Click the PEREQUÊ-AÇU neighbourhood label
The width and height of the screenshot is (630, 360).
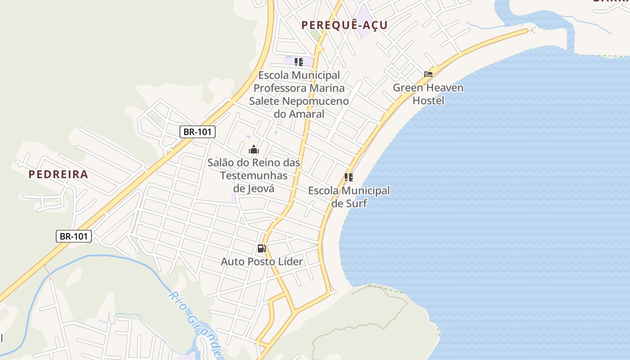(x=344, y=25)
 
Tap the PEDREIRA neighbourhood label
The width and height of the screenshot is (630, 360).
(x=58, y=175)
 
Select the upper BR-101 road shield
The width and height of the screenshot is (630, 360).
(x=198, y=132)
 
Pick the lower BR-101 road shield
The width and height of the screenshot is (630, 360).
(x=74, y=236)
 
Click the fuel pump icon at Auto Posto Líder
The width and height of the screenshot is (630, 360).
(x=261, y=248)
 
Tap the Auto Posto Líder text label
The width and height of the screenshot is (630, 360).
(x=261, y=261)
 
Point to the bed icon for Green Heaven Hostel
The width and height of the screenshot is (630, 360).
(x=428, y=74)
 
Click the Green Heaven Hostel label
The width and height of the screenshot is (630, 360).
(x=428, y=94)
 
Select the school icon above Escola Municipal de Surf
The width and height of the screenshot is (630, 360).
(x=349, y=177)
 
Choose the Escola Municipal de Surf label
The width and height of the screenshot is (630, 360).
(x=349, y=197)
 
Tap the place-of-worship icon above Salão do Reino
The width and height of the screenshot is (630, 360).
(x=254, y=149)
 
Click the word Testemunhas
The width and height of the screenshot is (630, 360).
(x=253, y=175)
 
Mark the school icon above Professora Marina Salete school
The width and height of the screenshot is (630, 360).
(x=298, y=62)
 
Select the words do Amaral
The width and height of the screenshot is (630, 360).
(x=299, y=114)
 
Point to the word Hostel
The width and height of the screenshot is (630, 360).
(x=428, y=100)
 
